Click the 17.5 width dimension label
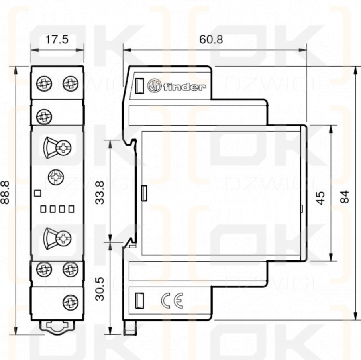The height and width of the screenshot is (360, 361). pyautogui.click(x=57, y=39)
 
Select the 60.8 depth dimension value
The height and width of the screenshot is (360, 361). pyautogui.click(x=211, y=39)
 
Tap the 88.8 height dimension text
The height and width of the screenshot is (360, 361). pyautogui.click(x=5, y=193)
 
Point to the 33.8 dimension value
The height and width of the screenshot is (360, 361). pyautogui.click(x=100, y=193)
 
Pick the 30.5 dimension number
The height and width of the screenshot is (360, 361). pyautogui.click(x=100, y=289)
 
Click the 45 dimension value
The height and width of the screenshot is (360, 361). pyautogui.click(x=320, y=198)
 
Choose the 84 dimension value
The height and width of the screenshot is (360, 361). pyautogui.click(x=345, y=197)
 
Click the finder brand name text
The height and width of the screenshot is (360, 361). pyautogui.click(x=184, y=87)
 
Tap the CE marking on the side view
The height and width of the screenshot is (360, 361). pyautogui.click(x=172, y=301)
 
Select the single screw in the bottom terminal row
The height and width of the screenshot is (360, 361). pyautogui.click(x=71, y=302)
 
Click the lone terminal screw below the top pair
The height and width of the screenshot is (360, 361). pyautogui.click(x=44, y=116)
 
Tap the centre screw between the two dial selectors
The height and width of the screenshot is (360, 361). pyautogui.click(x=56, y=177)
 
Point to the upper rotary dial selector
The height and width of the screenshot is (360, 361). pyautogui.click(x=57, y=148)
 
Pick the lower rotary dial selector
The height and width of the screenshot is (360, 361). pyautogui.click(x=57, y=238)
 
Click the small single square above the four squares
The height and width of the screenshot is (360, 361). pyautogui.click(x=38, y=193)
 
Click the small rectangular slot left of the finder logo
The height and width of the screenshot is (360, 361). pyautogui.click(x=139, y=86)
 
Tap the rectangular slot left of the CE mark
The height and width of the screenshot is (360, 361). pyautogui.click(x=139, y=300)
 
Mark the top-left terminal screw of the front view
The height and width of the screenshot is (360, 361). pyautogui.click(x=44, y=83)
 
